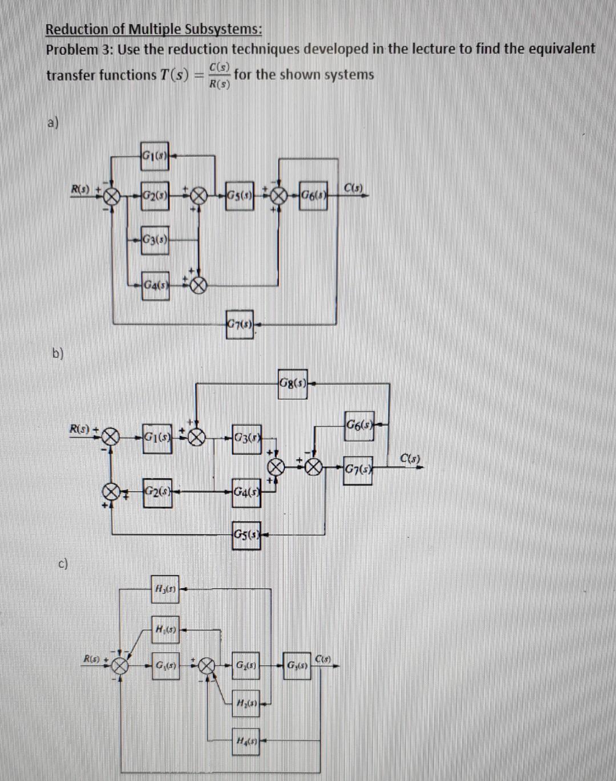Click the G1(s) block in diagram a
[154, 155]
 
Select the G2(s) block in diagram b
[156, 491]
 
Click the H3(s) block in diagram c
[164, 589]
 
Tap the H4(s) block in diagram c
[246, 741]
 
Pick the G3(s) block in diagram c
[298, 666]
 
